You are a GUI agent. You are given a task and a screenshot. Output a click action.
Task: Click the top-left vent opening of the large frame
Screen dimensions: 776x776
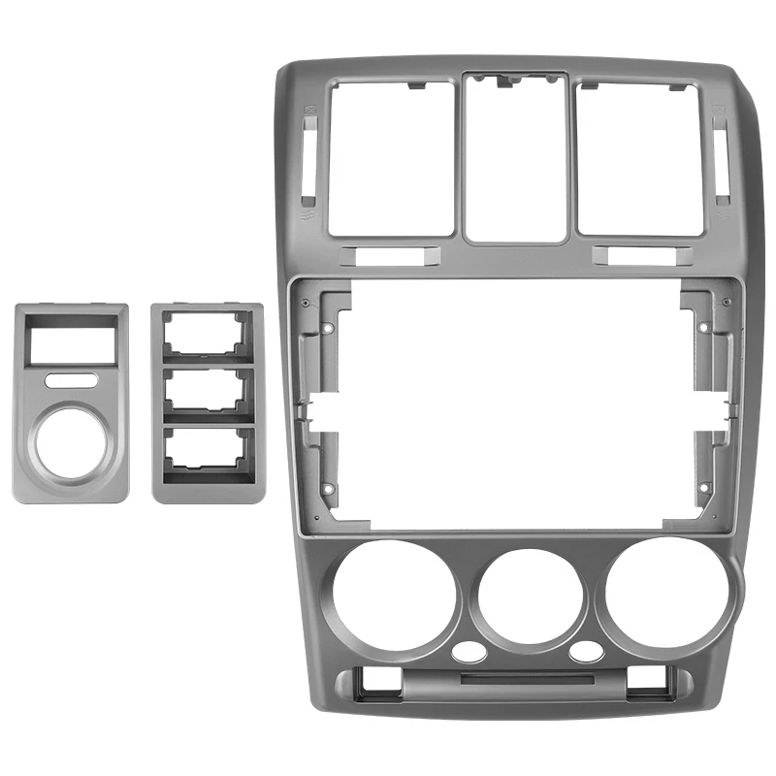(x=391, y=157)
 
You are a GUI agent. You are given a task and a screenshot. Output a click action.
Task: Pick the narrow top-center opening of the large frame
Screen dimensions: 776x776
(x=514, y=160)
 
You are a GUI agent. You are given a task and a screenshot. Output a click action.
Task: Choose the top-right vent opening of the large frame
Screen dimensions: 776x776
(x=640, y=157)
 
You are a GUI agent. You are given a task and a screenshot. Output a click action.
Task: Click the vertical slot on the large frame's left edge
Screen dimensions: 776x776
(x=307, y=151)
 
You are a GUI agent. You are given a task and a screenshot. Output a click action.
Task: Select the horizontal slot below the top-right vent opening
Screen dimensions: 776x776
(x=640, y=257)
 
